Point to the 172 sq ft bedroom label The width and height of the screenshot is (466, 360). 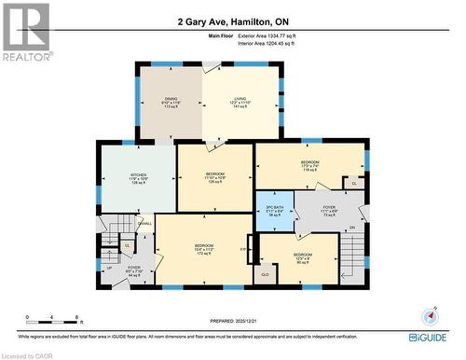204,249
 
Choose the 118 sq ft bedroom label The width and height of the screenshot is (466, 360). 310,164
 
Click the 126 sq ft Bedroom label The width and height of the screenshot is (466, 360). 214,177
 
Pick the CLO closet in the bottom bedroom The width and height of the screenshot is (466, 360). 265,275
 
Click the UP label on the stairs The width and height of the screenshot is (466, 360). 110,268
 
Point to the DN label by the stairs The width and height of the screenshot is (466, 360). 351,228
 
